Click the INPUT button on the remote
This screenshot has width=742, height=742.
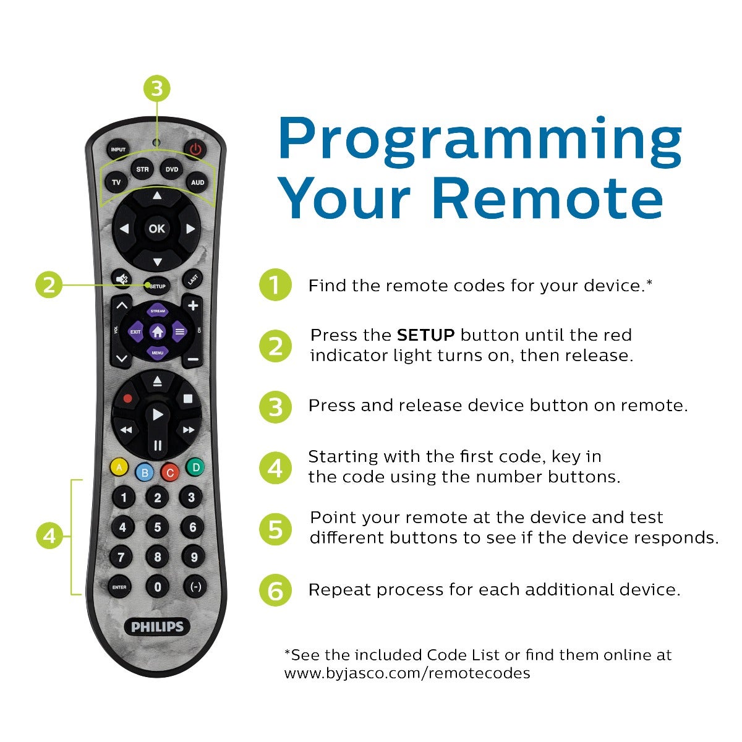click(117, 150)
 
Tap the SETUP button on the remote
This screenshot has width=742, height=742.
click(157, 286)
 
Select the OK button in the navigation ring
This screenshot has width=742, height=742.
click(156, 229)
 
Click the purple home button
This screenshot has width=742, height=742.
click(157, 332)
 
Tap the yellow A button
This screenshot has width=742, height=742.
click(119, 467)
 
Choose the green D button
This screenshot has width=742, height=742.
click(195, 467)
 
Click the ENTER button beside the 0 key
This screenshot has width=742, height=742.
click(119, 587)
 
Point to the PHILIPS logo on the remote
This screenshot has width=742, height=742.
click(157, 626)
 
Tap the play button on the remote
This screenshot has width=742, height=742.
click(157, 414)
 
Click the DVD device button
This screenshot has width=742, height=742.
click(171, 169)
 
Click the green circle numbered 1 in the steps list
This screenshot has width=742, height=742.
click(275, 286)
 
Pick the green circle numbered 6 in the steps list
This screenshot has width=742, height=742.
click(275, 591)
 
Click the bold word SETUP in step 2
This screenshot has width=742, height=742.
click(425, 335)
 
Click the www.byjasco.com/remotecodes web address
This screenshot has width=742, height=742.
click(407, 673)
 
